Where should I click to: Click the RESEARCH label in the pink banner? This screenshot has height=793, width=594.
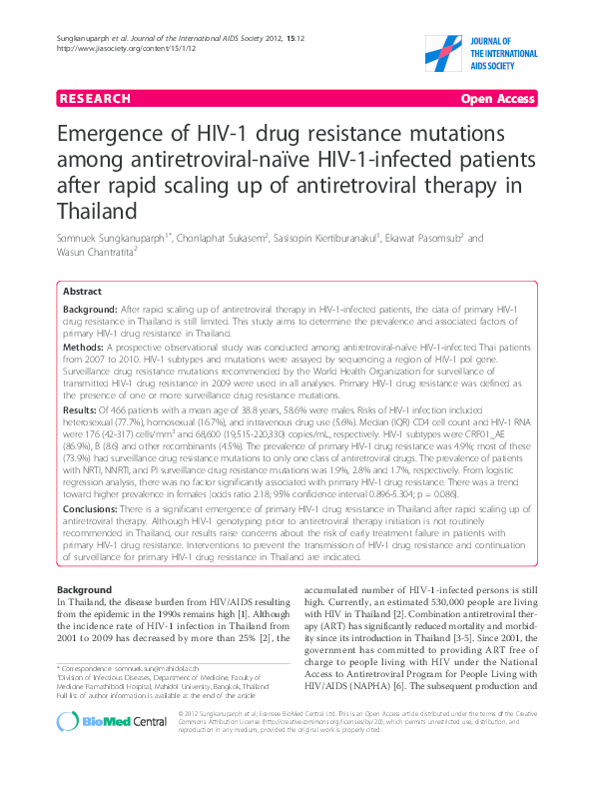[95, 99]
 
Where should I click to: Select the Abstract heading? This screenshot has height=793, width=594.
[82, 292]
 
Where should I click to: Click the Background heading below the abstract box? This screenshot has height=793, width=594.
[84, 590]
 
